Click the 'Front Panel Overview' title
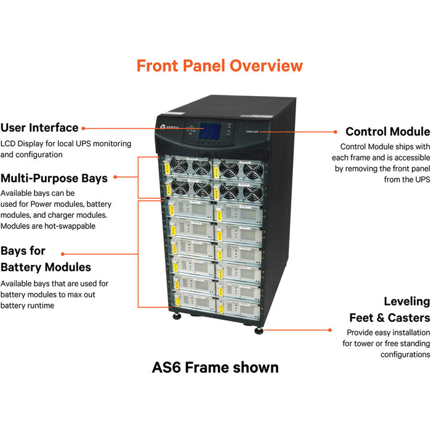tap(219, 65)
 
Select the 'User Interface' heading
tap(39, 127)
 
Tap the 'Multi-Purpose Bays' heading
tap(54, 178)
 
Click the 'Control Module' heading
tap(387, 131)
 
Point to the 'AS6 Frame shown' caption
tap(215, 368)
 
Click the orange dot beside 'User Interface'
tap(84, 128)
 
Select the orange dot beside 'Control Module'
tap(335, 131)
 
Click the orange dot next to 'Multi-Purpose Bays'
tap(115, 177)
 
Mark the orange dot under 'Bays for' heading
tap(62, 253)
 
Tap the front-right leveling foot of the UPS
tap(259, 331)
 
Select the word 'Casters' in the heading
tap(408, 318)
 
